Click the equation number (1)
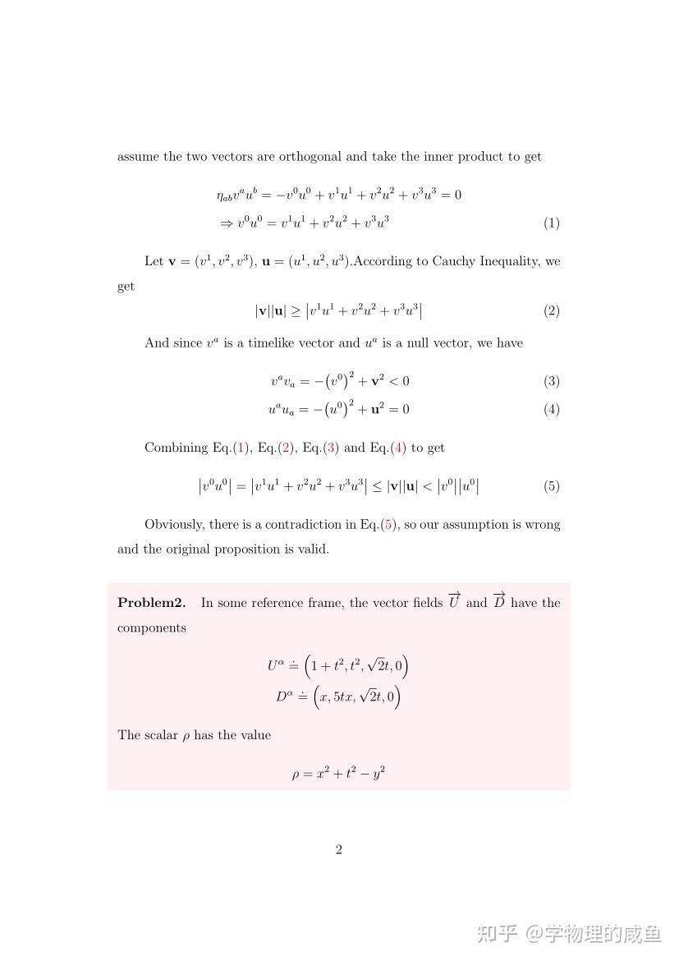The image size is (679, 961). [x=551, y=223]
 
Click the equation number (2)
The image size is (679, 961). [x=551, y=310]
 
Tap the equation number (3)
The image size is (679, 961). [x=551, y=381]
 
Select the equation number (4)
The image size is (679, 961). [x=551, y=409]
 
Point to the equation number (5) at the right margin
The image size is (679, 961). [x=551, y=486]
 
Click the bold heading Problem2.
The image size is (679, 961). [x=151, y=603]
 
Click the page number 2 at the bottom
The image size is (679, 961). [x=338, y=849]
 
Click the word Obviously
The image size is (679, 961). [x=174, y=524]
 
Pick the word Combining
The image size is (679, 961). [x=177, y=448]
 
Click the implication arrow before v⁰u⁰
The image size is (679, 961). [x=227, y=223]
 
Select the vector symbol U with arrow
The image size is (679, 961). [x=454, y=601]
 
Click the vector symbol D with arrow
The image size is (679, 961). [x=499, y=601]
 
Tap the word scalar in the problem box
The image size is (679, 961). [x=162, y=735]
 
